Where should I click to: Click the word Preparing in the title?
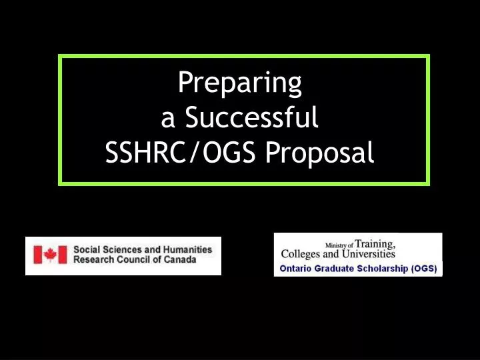tap(240, 83)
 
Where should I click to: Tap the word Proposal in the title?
tap(319, 153)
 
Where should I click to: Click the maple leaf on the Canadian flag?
tap(51, 255)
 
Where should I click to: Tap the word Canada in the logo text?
tap(181, 259)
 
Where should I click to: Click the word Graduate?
tap(335, 269)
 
